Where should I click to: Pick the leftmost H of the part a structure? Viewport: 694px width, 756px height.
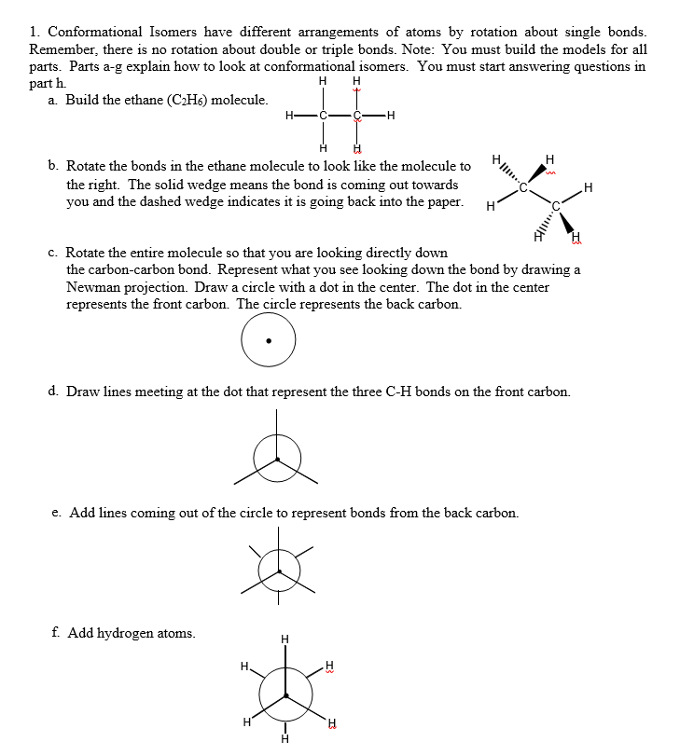coord(291,116)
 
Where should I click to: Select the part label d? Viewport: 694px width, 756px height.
coord(54,392)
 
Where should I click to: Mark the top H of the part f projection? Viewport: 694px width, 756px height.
coord(285,639)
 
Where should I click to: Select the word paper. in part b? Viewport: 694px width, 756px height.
coord(444,201)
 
